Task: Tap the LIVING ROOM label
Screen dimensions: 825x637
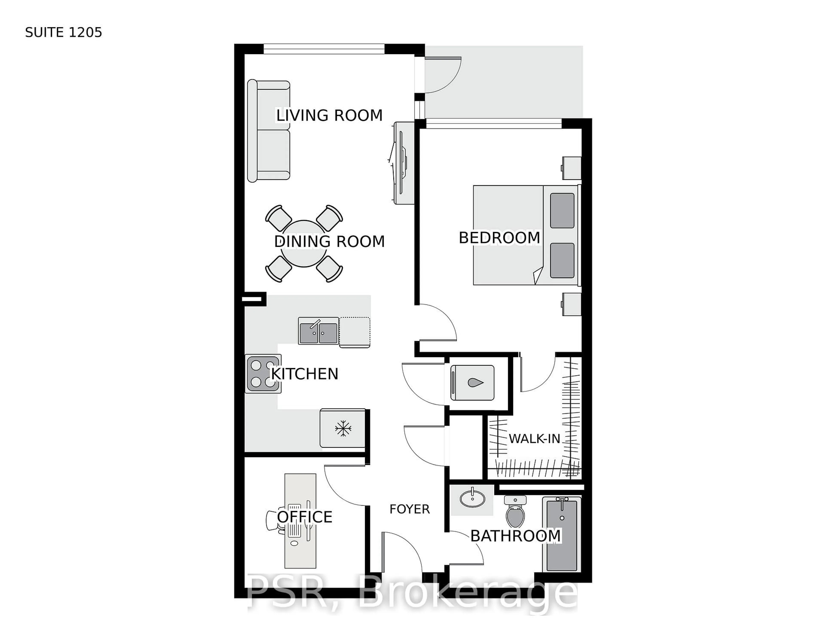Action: [329, 115]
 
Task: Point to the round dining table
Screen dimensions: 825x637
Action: [304, 243]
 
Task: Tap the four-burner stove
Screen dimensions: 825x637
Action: [263, 374]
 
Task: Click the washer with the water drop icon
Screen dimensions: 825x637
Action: [472, 383]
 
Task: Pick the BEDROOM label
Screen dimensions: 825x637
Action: [499, 238]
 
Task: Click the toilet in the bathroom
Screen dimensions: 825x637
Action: [515, 512]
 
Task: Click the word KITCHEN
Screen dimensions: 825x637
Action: [304, 374]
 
